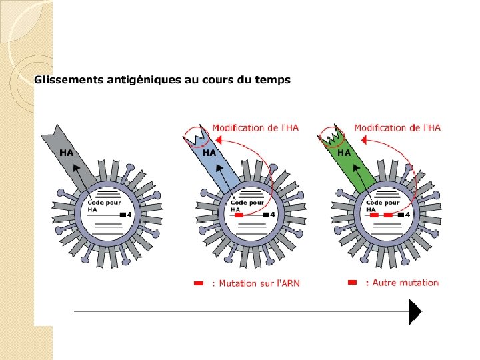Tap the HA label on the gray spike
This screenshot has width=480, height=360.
coord(67,153)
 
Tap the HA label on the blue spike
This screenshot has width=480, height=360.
coord(209,153)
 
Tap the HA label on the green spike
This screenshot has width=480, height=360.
coord(344,153)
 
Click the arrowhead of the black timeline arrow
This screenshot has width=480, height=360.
coord(415,311)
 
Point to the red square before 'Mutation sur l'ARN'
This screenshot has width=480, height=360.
coord(198,283)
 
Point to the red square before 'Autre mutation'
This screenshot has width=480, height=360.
coord(353,283)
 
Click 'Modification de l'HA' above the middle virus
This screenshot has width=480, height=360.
coord(255,128)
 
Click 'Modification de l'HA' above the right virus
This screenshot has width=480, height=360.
coord(397,128)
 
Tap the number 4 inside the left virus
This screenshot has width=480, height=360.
coord(129,215)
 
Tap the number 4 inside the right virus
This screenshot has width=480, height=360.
coord(407,215)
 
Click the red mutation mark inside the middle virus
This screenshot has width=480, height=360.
coord(239,215)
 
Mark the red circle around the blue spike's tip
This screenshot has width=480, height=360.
coord(196,137)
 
